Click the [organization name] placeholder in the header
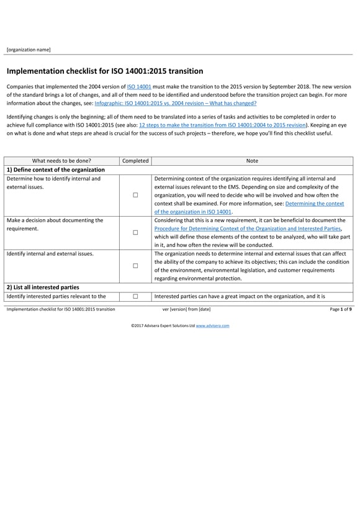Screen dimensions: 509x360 (x=29, y=50)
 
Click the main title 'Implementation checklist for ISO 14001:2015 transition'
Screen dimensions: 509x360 (x=104, y=71)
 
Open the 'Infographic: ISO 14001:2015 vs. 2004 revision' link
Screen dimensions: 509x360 (x=175, y=103)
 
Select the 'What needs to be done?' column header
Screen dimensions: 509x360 (x=61, y=161)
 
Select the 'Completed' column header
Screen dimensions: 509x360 (x=135, y=161)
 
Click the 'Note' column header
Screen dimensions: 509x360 (x=252, y=161)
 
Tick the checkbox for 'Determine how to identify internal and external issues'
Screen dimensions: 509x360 (x=135, y=195)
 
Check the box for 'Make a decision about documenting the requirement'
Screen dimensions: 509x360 (x=135, y=233)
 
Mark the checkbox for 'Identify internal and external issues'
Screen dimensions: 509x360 (x=135, y=266)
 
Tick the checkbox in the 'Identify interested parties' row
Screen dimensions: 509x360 (x=135, y=297)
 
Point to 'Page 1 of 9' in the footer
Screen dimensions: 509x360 (x=341, y=309)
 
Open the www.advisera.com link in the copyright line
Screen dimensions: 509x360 (x=212, y=325)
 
